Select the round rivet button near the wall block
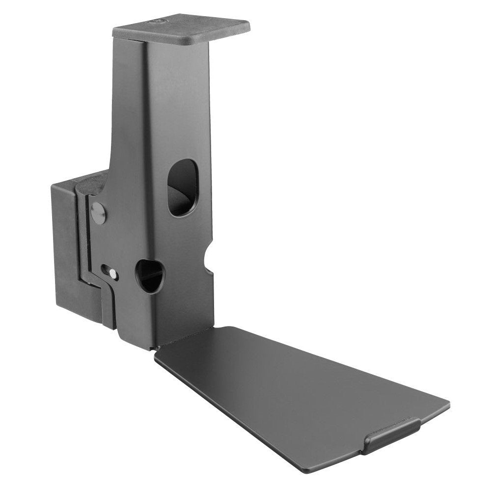pyautogui.click(x=99, y=213)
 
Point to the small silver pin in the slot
pyautogui.click(x=113, y=273)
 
